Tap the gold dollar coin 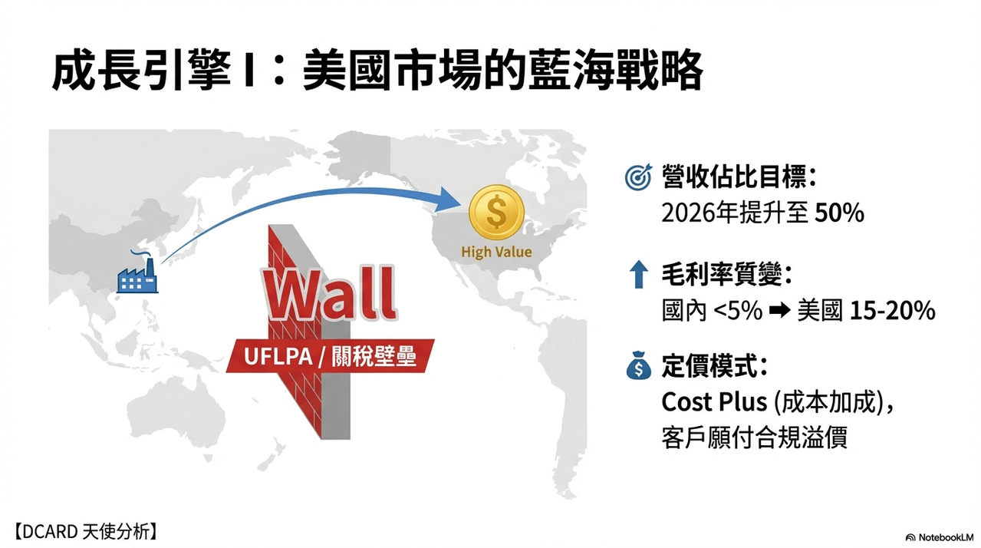pyautogui.click(x=496, y=213)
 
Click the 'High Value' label pyautogui.click(x=496, y=252)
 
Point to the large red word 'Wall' pyautogui.click(x=330, y=293)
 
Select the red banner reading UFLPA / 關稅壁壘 pyautogui.click(x=331, y=356)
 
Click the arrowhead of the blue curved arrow pyautogui.click(x=449, y=200)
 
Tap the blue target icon pyautogui.click(x=638, y=177)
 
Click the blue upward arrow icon pyautogui.click(x=638, y=274)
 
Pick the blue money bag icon pyautogui.click(x=638, y=365)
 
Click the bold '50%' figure pyautogui.click(x=840, y=213)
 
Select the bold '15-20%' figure pyautogui.click(x=893, y=311)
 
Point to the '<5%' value pyautogui.click(x=738, y=311)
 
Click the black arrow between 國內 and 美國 pyautogui.click(x=779, y=311)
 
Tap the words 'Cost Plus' pyautogui.click(x=714, y=401)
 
